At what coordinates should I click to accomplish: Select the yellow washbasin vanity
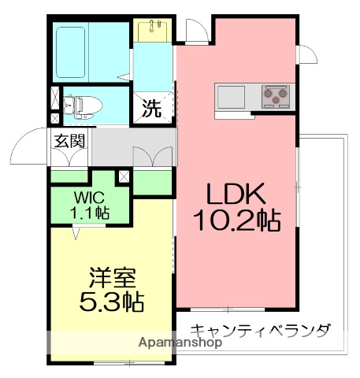(x=154, y=30)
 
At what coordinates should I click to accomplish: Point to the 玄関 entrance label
(x=69, y=143)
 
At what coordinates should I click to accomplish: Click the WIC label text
(x=91, y=197)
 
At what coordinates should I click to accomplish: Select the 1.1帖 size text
(x=91, y=212)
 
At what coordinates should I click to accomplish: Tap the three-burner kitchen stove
(x=274, y=94)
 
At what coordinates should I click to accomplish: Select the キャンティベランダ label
(x=261, y=330)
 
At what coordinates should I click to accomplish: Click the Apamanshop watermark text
(x=180, y=343)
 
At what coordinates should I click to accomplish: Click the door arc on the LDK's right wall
(x=306, y=57)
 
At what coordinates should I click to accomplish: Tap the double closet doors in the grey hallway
(x=154, y=156)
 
